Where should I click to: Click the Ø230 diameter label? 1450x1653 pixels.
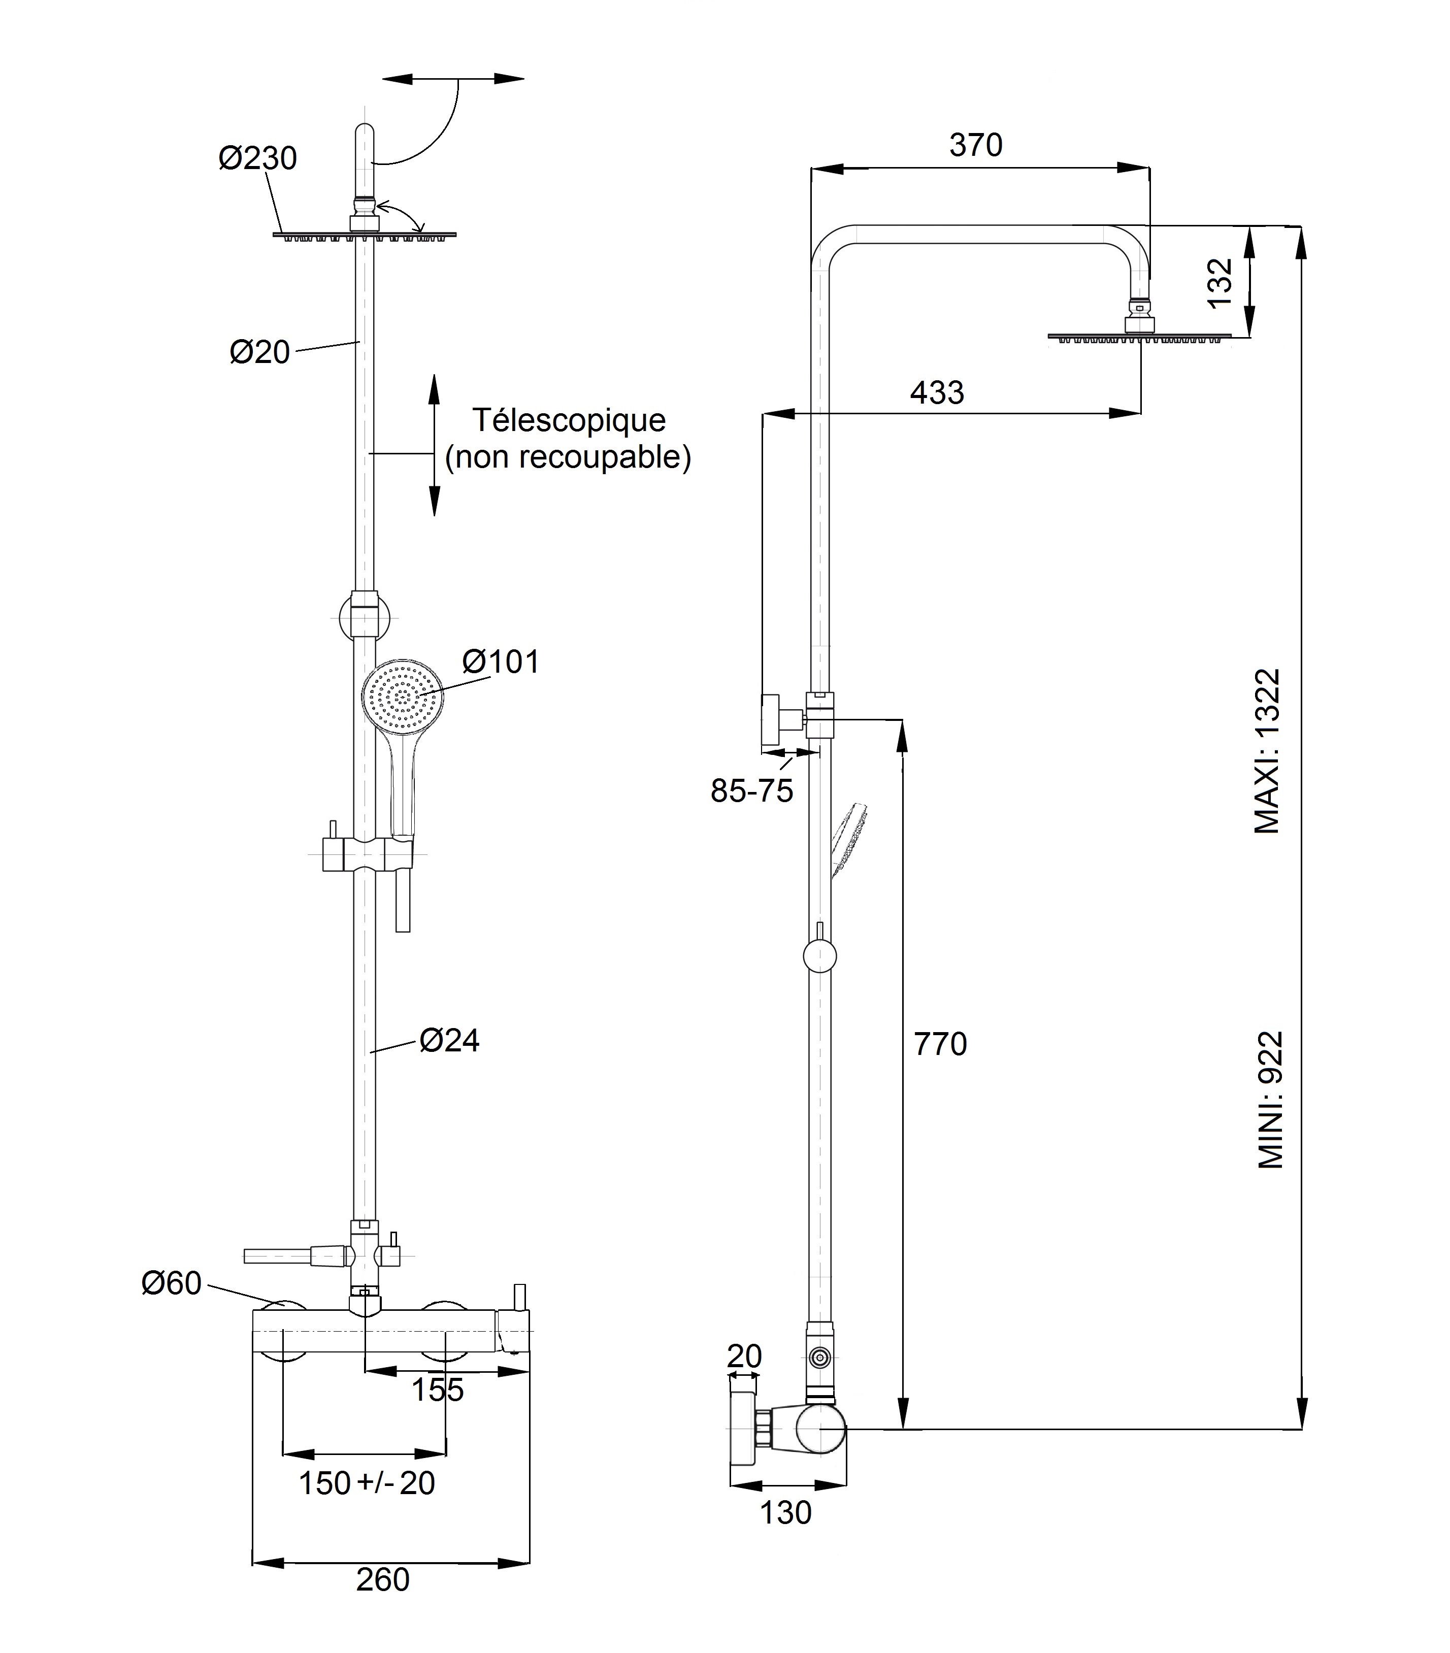click(x=257, y=158)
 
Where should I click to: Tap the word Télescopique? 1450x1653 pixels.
click(x=569, y=420)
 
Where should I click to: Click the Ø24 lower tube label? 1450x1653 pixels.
click(x=450, y=1040)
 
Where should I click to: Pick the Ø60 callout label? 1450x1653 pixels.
click(x=172, y=1283)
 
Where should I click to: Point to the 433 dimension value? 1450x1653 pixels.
click(x=937, y=393)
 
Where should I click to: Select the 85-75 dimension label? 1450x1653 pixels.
click(x=752, y=790)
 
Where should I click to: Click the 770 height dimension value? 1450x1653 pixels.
click(x=940, y=1044)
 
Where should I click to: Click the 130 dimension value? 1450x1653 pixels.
click(x=785, y=1512)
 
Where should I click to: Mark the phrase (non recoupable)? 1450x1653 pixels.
click(x=569, y=458)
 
